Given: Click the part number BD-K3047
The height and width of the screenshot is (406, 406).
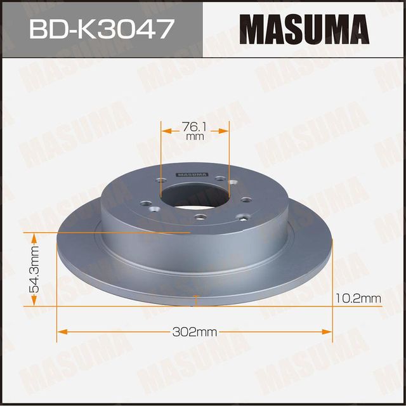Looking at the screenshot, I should [x=100, y=29].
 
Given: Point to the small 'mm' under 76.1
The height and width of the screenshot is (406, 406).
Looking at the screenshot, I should [x=194, y=136].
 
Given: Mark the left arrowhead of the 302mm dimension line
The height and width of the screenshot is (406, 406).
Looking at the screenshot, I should [x=61, y=331].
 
